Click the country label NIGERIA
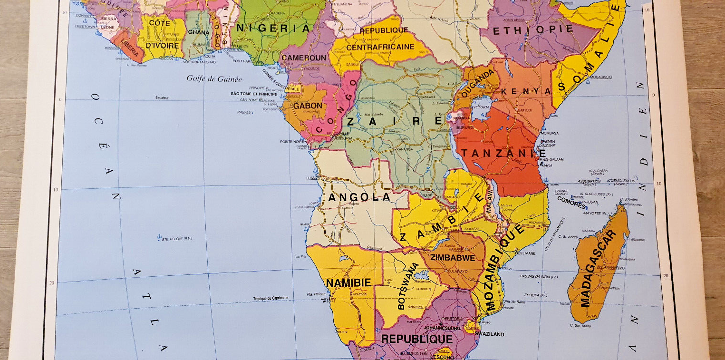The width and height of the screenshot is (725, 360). pyautogui.click(x=273, y=28)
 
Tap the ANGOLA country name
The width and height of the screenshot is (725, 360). pyautogui.click(x=359, y=197)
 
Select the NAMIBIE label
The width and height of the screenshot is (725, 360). pyautogui.click(x=348, y=283)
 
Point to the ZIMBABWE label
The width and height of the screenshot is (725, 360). pyautogui.click(x=453, y=258)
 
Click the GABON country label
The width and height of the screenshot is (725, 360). pyautogui.click(x=308, y=106)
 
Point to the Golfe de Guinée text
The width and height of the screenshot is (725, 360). pyautogui.click(x=214, y=79)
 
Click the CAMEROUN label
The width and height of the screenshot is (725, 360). pyautogui.click(x=304, y=58)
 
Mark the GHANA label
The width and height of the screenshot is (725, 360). pyautogui.click(x=198, y=32)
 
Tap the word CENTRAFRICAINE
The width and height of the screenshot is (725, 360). pyautogui.click(x=380, y=47)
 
